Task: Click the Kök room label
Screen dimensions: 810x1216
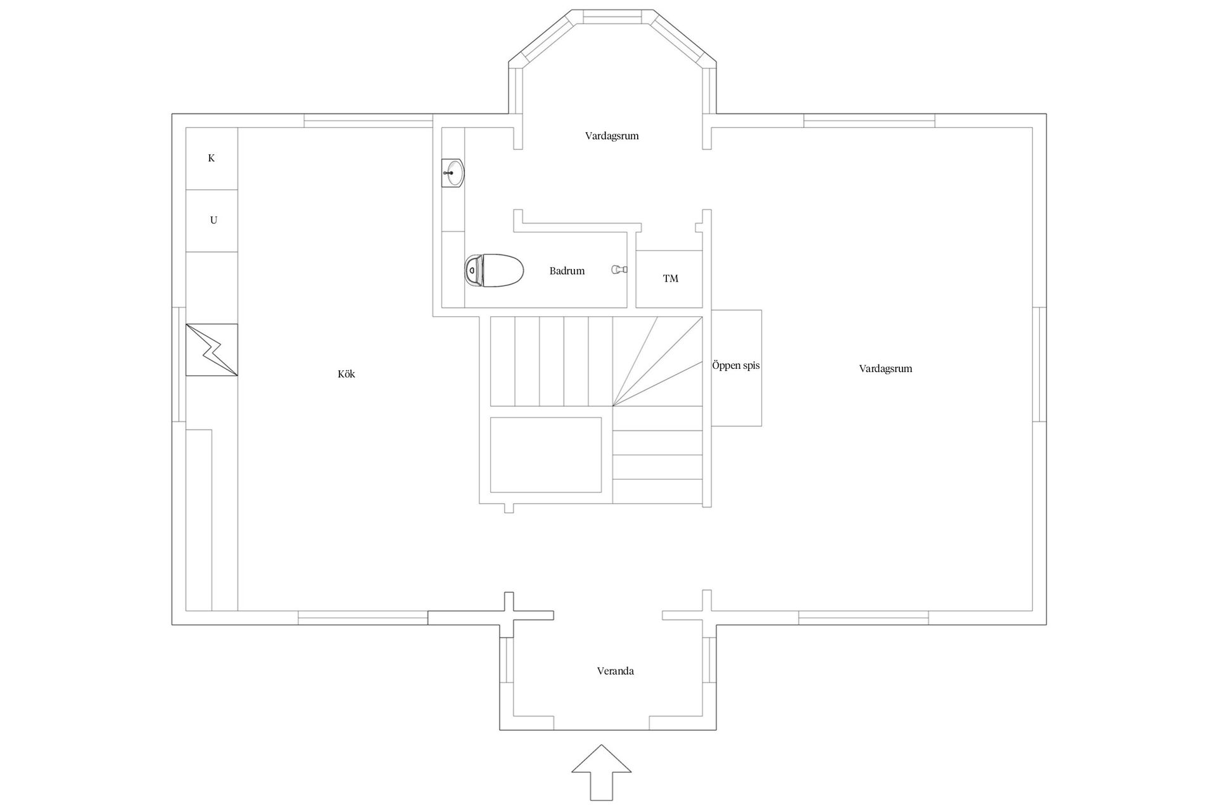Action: pyautogui.click(x=346, y=374)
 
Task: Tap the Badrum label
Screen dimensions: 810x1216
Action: pyautogui.click(x=567, y=271)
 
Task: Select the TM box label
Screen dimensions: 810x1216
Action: pyautogui.click(x=670, y=278)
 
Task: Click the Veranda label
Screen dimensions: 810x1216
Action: pyautogui.click(x=615, y=671)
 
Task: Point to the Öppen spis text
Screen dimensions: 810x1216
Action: pyautogui.click(x=735, y=366)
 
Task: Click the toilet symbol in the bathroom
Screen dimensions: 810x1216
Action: pyautogui.click(x=494, y=271)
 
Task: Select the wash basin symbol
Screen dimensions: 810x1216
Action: pyautogui.click(x=453, y=172)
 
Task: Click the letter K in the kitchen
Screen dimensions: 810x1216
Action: pyautogui.click(x=212, y=158)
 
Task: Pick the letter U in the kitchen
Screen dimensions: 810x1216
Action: pyautogui.click(x=213, y=220)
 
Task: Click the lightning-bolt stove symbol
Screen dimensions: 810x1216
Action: pyautogui.click(x=212, y=350)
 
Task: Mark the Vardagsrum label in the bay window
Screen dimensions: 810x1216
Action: pyautogui.click(x=612, y=135)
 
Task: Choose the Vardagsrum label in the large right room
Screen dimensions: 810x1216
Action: pyautogui.click(x=885, y=368)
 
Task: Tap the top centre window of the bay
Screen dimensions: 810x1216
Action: pyautogui.click(x=612, y=16)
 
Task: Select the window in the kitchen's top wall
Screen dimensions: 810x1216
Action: pyautogui.click(x=367, y=120)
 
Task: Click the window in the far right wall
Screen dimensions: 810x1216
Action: pyautogui.click(x=1039, y=364)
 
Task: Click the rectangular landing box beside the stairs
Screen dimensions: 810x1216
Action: pyautogui.click(x=545, y=454)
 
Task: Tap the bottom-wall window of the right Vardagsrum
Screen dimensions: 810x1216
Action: pyautogui.click(x=863, y=617)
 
